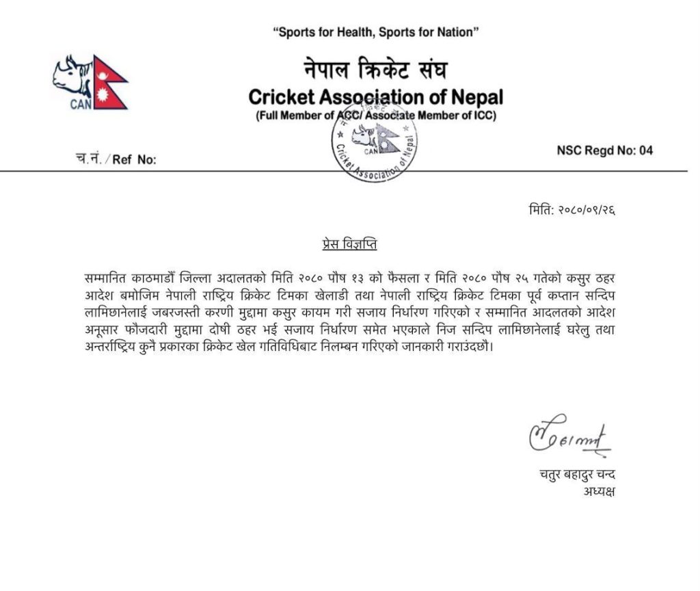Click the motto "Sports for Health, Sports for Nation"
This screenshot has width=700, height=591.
point(375,32)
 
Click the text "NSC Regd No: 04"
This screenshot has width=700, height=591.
point(604,150)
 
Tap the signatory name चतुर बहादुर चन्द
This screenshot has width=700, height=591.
point(571,475)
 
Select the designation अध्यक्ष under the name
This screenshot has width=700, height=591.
point(599,491)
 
